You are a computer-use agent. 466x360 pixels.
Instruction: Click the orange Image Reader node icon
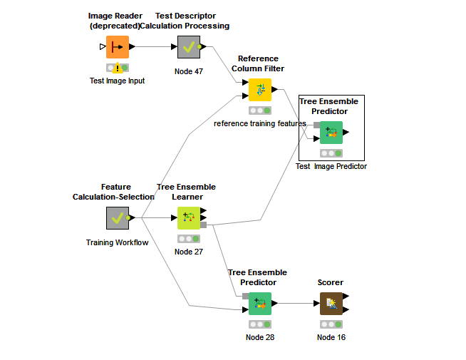(x=118, y=47)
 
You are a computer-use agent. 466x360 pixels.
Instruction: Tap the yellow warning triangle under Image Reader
(x=118, y=68)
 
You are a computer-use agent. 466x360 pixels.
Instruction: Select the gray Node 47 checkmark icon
(x=189, y=47)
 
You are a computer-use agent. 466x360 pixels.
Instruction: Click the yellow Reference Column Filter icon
(x=260, y=90)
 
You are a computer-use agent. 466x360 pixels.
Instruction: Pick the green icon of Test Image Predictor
(x=331, y=133)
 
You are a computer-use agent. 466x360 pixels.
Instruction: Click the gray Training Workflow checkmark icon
(x=118, y=218)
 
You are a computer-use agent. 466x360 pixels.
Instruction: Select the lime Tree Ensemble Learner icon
(x=189, y=218)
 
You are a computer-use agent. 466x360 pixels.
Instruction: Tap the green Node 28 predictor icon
(x=260, y=304)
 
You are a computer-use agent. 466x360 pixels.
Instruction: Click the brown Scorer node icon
(x=331, y=304)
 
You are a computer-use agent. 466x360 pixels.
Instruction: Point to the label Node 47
(x=189, y=72)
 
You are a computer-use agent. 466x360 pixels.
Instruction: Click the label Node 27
(x=189, y=252)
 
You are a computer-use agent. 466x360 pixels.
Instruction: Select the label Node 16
(x=331, y=337)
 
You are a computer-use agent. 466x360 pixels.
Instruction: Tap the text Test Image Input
(x=118, y=81)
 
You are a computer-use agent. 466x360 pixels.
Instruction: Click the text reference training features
(x=259, y=123)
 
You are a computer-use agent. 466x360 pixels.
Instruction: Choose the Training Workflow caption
(x=118, y=242)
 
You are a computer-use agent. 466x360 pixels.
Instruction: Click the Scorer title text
(x=331, y=283)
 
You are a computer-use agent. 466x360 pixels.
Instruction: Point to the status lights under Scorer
(x=331, y=324)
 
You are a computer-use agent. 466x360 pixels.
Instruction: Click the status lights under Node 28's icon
(x=260, y=324)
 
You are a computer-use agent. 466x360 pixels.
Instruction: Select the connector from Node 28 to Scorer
(x=296, y=304)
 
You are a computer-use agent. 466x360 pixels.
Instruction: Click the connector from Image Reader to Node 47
(x=155, y=47)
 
